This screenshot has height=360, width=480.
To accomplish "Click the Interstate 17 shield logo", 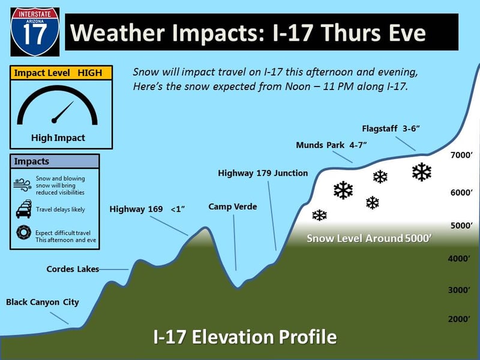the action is (35, 32).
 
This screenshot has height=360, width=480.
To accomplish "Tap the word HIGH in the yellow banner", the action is (89, 73).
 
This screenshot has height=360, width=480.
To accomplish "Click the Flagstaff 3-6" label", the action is (391, 128).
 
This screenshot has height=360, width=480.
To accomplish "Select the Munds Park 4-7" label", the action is (331, 145).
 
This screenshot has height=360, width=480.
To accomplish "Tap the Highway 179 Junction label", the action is (263, 173).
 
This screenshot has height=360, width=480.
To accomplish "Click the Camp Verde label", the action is (233, 206).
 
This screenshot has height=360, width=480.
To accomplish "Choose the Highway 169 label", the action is (136, 209).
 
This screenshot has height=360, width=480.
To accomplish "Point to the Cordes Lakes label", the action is (73, 269).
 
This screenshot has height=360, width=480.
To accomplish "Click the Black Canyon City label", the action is (42, 302).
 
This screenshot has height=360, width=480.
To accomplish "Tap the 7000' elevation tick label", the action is (461, 155).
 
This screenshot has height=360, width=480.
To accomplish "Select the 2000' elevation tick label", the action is (459, 319).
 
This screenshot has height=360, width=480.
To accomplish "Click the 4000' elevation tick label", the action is (459, 259).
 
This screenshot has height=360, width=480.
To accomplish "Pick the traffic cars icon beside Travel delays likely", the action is (23, 209).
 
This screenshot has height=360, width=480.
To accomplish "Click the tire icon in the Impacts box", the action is (23, 232).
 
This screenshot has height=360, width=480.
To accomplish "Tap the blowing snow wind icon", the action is (22, 185).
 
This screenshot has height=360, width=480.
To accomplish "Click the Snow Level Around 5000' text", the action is (369, 238).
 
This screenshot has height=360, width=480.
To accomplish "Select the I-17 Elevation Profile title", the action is (245, 337).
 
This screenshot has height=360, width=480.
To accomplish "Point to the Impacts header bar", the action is (55, 161).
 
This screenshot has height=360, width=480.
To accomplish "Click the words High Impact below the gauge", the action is (58, 138).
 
